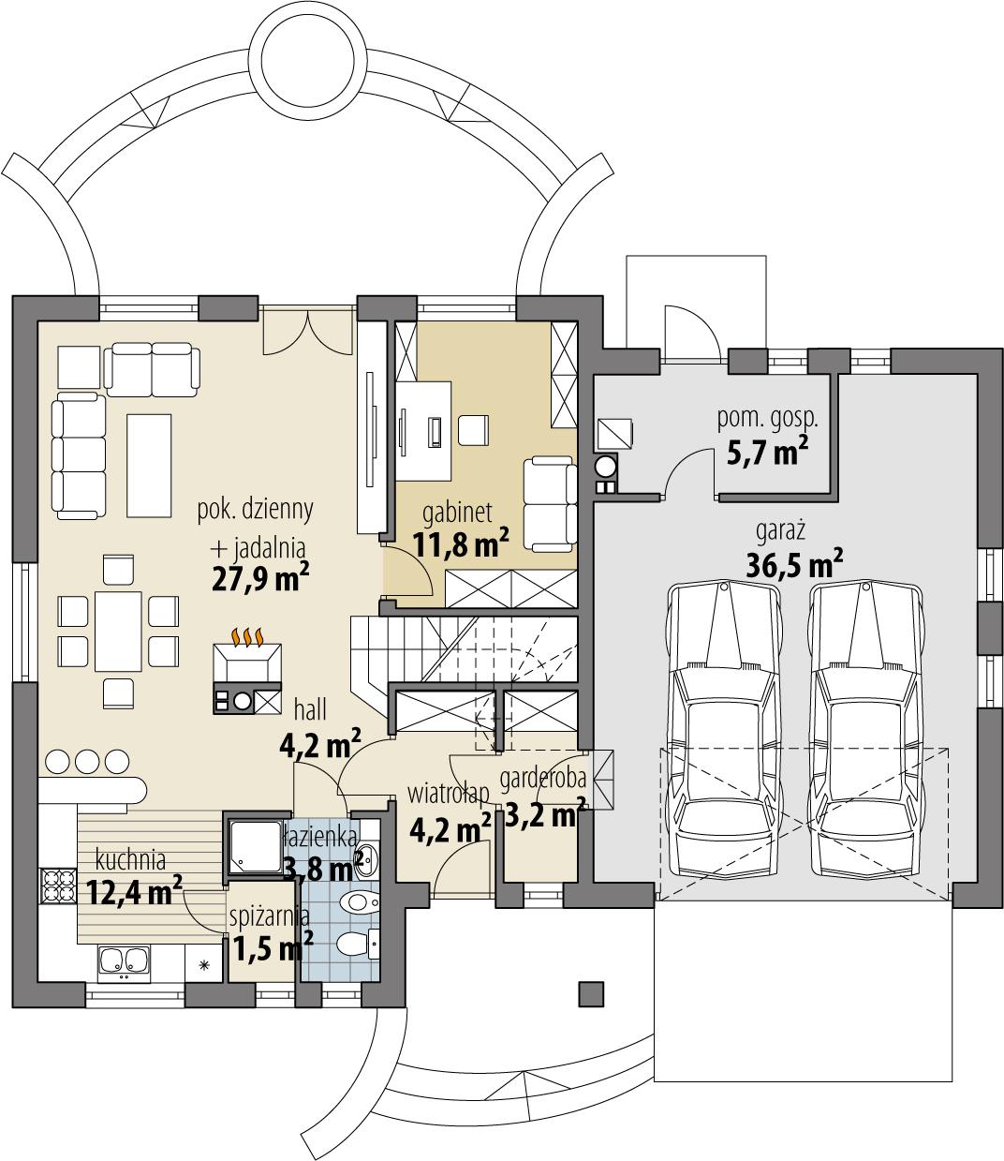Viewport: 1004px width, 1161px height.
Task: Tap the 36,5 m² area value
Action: (794, 565)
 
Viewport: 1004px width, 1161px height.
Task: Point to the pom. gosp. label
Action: (760, 419)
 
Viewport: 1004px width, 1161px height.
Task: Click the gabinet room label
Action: (459, 513)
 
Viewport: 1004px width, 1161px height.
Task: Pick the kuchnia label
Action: (131, 859)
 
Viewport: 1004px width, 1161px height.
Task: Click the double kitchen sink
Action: (123, 960)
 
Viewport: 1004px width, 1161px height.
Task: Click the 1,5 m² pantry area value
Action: (273, 949)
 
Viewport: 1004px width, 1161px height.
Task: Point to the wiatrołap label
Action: (449, 794)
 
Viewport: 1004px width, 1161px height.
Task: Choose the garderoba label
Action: (542, 778)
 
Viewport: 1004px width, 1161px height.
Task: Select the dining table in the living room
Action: (118, 631)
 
